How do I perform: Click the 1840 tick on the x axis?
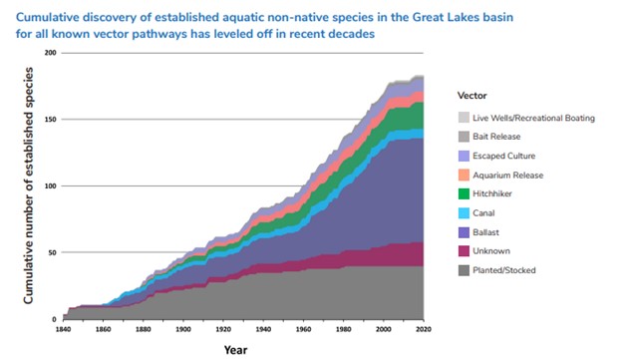click(x=63, y=329)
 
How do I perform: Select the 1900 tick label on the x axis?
click(x=182, y=329)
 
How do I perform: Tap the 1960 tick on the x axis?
click(x=303, y=329)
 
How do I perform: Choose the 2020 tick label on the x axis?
click(x=423, y=329)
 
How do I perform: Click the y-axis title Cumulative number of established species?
click(x=30, y=185)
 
